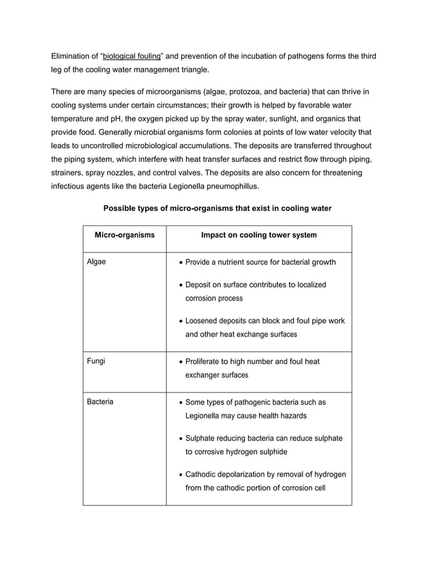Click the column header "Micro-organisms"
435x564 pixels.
[x=124, y=236]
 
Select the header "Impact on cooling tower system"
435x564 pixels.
[x=258, y=236]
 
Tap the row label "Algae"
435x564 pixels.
[x=97, y=262]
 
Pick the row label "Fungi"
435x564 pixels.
[x=96, y=361]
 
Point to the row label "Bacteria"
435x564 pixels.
[x=100, y=402]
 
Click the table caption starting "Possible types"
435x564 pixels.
[x=217, y=208]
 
